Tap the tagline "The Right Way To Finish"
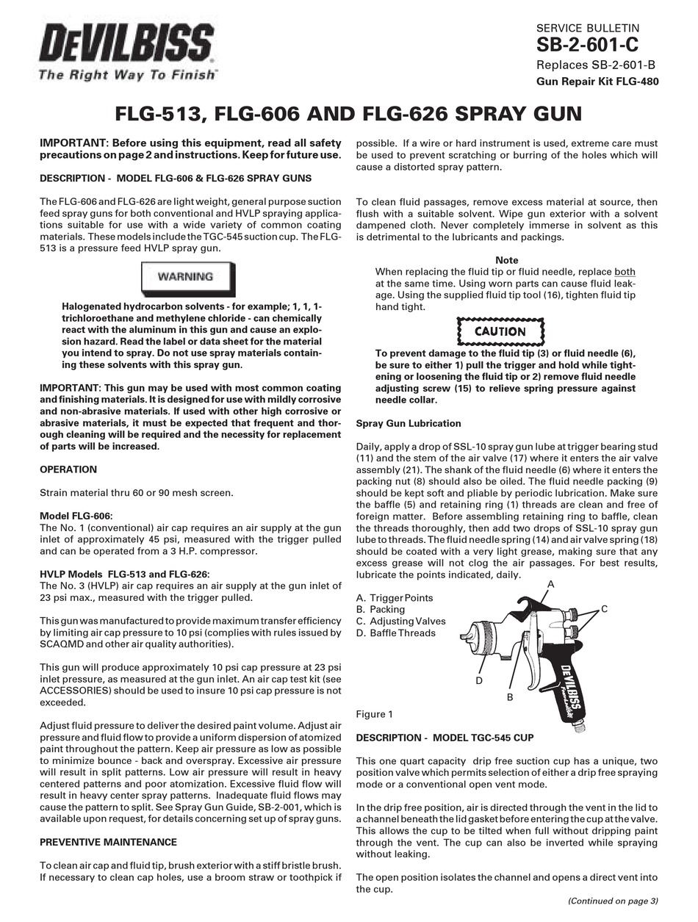(x=127, y=74)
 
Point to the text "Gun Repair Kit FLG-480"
(x=597, y=82)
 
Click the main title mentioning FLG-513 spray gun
(x=349, y=114)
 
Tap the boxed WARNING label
(x=186, y=277)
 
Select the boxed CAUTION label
(x=500, y=331)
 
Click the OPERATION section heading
(x=68, y=469)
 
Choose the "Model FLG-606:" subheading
(x=76, y=516)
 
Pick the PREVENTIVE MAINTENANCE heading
(x=108, y=842)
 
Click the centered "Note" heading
(x=507, y=260)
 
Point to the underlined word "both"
(x=625, y=272)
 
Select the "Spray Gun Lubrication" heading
(x=409, y=423)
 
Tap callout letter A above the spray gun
(x=550, y=583)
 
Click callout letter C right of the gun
(x=604, y=609)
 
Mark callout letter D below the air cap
(x=478, y=681)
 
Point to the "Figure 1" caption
(x=375, y=714)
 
